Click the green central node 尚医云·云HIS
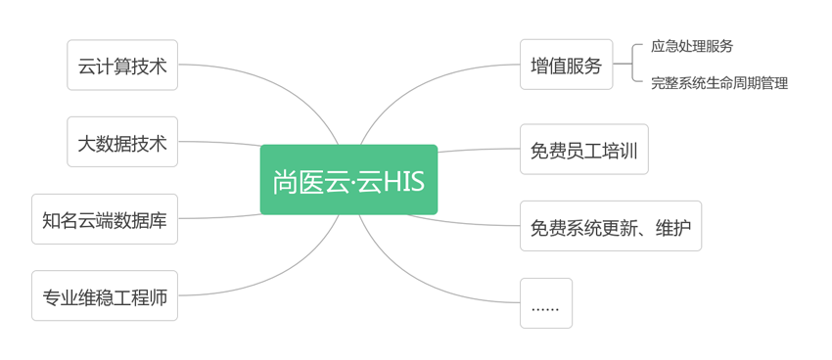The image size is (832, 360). tap(348, 180)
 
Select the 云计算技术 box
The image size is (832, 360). tap(122, 65)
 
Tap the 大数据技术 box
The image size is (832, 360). tap(122, 142)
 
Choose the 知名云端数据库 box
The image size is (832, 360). tap(105, 219)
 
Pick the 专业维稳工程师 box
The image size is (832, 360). tap(105, 295)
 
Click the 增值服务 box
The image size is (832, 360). tap(566, 65)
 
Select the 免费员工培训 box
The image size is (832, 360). tap(584, 149)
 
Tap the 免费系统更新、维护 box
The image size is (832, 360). tap(611, 226)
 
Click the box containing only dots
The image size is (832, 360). tap(546, 303)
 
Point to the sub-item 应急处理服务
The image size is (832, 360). tap(692, 46)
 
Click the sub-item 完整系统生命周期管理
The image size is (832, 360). tap(719, 83)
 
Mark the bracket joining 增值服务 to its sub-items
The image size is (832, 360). tap(632, 64)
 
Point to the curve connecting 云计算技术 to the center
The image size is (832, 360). tap(289, 90)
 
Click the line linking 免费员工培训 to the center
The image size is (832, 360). tap(479, 150)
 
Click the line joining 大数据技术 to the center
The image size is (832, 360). tap(218, 143)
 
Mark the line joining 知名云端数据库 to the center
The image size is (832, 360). tap(218, 217)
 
